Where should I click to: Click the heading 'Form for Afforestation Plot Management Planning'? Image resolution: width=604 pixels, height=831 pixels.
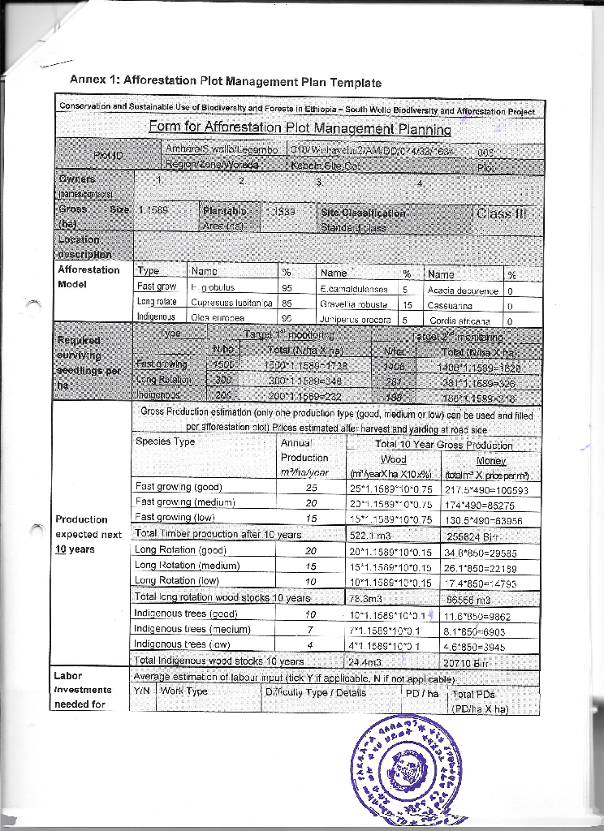(x=300, y=127)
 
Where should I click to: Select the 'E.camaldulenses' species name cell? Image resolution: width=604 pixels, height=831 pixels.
(x=356, y=288)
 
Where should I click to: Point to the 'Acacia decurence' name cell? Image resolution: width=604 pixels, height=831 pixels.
(x=462, y=288)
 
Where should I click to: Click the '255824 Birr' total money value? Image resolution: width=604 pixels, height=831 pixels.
(x=472, y=535)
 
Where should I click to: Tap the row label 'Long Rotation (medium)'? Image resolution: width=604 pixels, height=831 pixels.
(x=179, y=565)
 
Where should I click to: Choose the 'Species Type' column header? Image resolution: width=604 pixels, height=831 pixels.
(x=166, y=442)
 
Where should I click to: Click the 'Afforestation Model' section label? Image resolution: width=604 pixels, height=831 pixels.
(x=88, y=277)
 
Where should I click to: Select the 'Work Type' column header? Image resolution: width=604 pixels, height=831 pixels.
(x=184, y=691)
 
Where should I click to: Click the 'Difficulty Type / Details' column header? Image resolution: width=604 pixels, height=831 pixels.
(x=316, y=692)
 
